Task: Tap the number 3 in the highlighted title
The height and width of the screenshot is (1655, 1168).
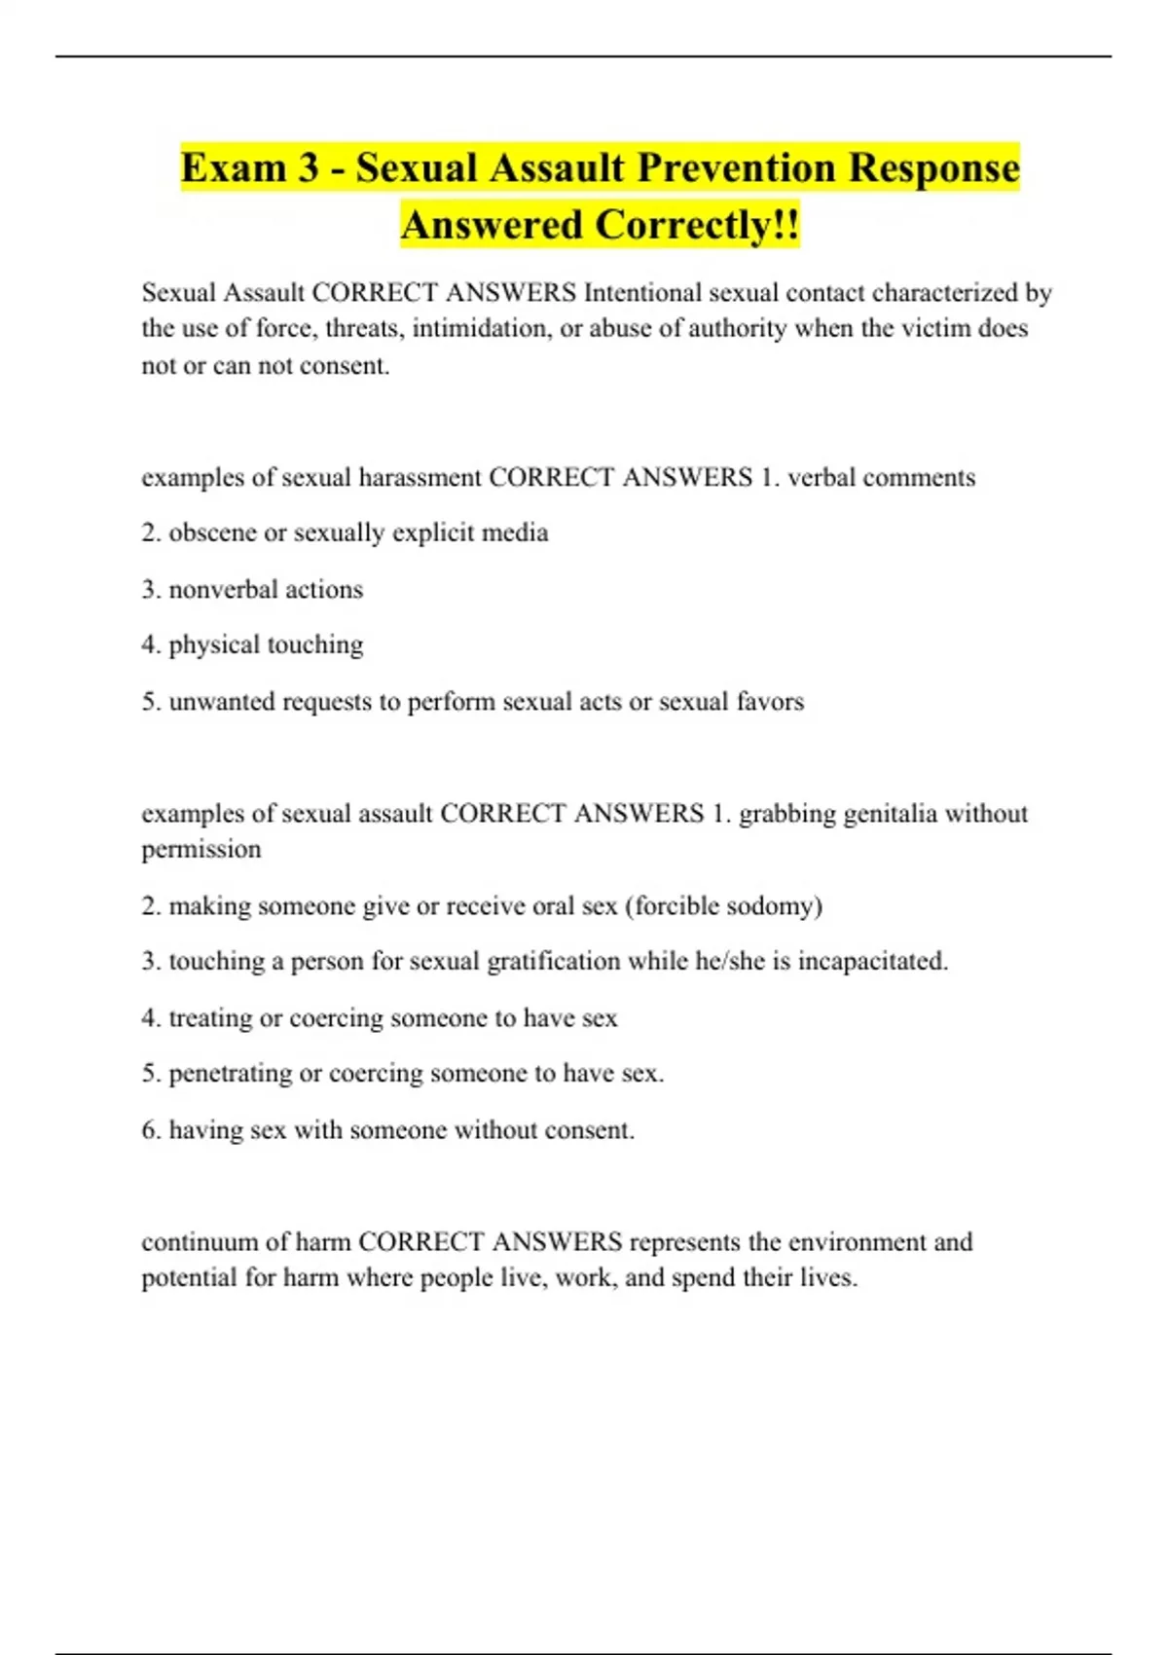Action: point(309,167)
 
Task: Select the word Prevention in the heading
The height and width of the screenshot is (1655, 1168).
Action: point(738,167)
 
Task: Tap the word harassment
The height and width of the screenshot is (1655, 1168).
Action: point(420,478)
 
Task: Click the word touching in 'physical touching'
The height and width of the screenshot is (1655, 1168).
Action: point(314,645)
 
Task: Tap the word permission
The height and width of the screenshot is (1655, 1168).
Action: point(201,850)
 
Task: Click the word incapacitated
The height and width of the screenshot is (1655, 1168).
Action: point(873,962)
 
